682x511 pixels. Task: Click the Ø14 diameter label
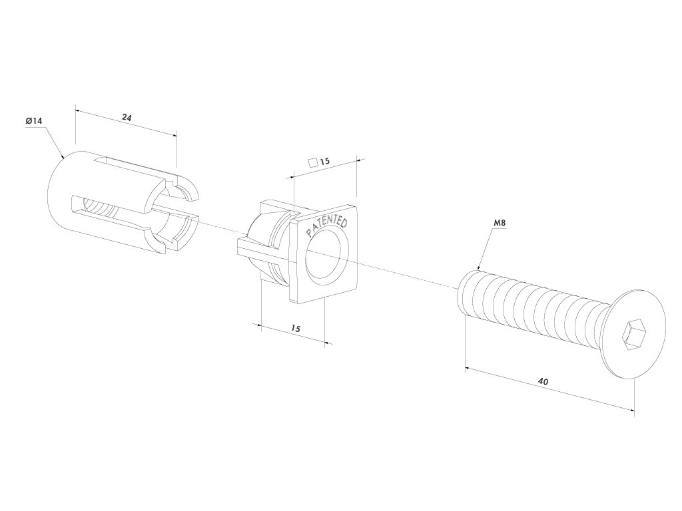pos(34,120)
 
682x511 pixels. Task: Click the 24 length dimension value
pos(126,117)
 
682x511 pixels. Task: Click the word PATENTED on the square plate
pos(326,226)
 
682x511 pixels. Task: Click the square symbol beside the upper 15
pos(312,162)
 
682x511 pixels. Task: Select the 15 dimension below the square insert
pos(296,329)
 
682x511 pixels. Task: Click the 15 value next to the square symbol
pos(325,162)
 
